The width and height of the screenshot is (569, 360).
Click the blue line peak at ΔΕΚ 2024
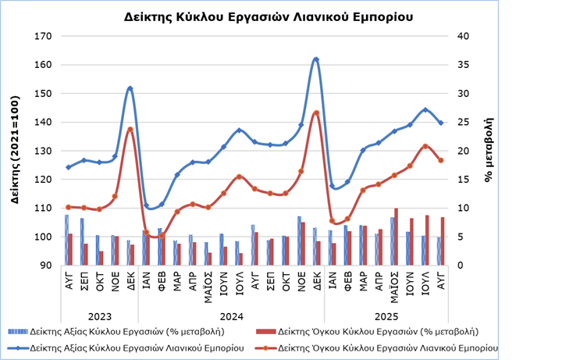click(316, 59)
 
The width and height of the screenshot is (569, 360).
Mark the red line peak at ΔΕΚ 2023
click(130, 129)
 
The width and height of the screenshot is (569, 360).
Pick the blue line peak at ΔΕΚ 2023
click(130, 88)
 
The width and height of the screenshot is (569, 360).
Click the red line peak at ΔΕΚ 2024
click(316, 112)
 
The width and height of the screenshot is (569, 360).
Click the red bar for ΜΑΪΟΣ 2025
click(396, 237)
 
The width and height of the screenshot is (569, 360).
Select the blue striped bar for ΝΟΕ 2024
click(299, 241)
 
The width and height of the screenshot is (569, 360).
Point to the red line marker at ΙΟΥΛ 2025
click(425, 146)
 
